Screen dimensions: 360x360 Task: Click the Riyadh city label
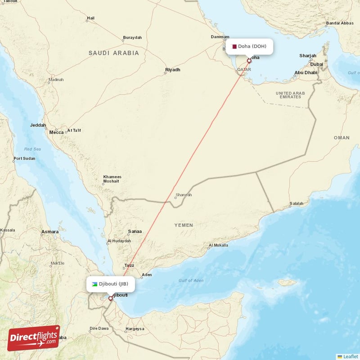[173, 70]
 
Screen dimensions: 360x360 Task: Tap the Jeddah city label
[38, 126]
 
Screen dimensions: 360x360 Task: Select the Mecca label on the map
[56, 132]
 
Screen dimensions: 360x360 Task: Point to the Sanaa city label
[135, 232]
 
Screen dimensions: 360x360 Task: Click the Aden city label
[147, 274]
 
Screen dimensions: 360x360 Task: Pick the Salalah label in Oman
[296, 203]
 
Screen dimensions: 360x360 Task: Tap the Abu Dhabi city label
[306, 72]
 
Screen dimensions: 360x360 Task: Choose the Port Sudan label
[24, 158]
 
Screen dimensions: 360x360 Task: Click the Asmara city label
[49, 232]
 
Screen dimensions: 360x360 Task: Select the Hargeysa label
[135, 328]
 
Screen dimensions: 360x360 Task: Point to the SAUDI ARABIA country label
[114, 53]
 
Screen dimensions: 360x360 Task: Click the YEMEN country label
[184, 225]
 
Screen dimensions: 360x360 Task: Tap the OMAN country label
[341, 138]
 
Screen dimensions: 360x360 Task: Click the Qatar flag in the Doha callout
[234, 46]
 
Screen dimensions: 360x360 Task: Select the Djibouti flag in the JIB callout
[94, 284]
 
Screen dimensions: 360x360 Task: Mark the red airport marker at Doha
[249, 60]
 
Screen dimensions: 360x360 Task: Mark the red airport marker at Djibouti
[110, 298]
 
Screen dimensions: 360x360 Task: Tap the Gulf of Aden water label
[191, 280]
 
